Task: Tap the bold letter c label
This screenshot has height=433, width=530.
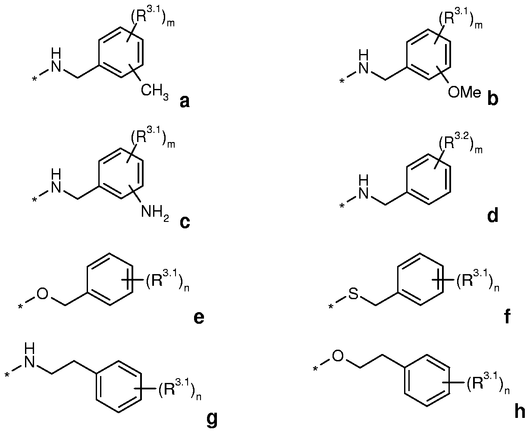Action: point(184,223)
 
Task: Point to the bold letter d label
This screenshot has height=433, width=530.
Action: point(492,215)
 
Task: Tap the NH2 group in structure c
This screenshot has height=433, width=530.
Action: point(153,212)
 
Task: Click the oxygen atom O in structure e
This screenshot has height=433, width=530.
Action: point(43,295)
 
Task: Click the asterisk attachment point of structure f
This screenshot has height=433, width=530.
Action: point(331,307)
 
